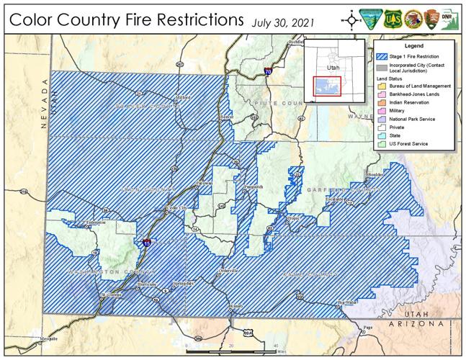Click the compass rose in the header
tap(351, 19)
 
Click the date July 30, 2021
tap(282, 22)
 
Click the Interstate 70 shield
tap(267, 72)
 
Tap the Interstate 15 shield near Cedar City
tap(146, 243)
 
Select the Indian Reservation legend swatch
tap(379, 103)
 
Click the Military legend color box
tap(379, 111)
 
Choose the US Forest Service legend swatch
tap(379, 144)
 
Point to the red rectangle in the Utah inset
tap(326, 86)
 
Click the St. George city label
tap(110, 294)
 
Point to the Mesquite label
tap(28, 338)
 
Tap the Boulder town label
tap(375, 174)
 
